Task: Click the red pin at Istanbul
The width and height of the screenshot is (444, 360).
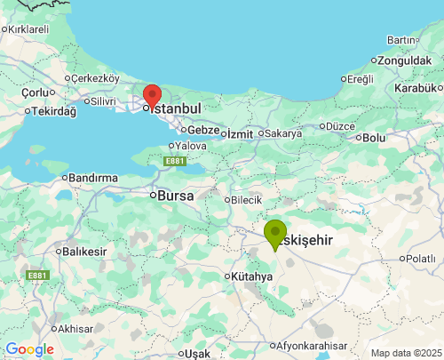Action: click(152, 97)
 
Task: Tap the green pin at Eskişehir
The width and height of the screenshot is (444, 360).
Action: click(275, 234)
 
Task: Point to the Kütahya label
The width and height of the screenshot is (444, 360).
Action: click(252, 276)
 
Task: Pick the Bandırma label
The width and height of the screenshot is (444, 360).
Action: click(92, 178)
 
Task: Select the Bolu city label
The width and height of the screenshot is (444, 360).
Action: click(374, 138)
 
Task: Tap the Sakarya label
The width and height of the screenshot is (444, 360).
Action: click(283, 133)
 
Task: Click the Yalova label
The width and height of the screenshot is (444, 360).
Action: click(191, 146)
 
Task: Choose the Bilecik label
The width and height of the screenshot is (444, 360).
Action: click(246, 200)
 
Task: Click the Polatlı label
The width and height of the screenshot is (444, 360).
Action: click(420, 259)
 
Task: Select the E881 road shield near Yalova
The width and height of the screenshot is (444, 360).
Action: click(175, 161)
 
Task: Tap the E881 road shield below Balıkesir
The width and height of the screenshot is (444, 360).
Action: click(37, 276)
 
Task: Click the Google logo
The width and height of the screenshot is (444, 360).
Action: click(29, 349)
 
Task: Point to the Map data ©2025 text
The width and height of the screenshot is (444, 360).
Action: click(406, 353)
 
